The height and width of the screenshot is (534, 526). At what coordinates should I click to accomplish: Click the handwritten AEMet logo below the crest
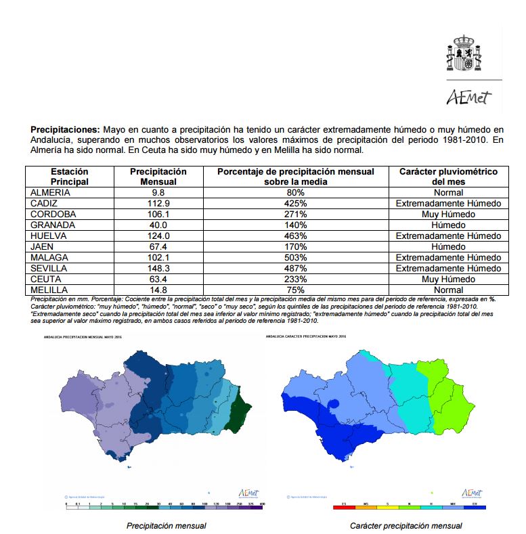pyautogui.click(x=465, y=98)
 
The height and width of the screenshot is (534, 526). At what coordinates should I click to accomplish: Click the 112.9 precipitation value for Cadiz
pyautogui.click(x=158, y=203)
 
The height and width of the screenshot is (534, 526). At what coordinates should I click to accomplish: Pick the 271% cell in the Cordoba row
pyautogui.click(x=295, y=214)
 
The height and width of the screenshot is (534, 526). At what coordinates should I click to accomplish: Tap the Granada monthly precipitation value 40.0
pyautogui.click(x=158, y=225)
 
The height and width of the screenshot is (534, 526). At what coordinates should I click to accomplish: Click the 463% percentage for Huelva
pyautogui.click(x=295, y=236)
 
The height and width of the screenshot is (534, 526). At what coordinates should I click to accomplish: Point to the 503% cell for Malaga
pyautogui.click(x=295, y=257)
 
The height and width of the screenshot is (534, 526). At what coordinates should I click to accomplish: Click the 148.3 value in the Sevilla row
pyautogui.click(x=158, y=268)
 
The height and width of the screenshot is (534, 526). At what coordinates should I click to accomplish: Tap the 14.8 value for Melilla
pyautogui.click(x=158, y=290)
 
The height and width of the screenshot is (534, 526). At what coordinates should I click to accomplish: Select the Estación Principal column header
pyautogui.click(x=69, y=177)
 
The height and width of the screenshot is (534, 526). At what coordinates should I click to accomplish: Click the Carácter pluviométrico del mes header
pyautogui.click(x=447, y=177)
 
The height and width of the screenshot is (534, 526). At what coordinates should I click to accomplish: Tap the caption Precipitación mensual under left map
pyautogui.click(x=167, y=525)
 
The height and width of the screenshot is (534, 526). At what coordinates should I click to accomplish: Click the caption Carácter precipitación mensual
pyautogui.click(x=406, y=525)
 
